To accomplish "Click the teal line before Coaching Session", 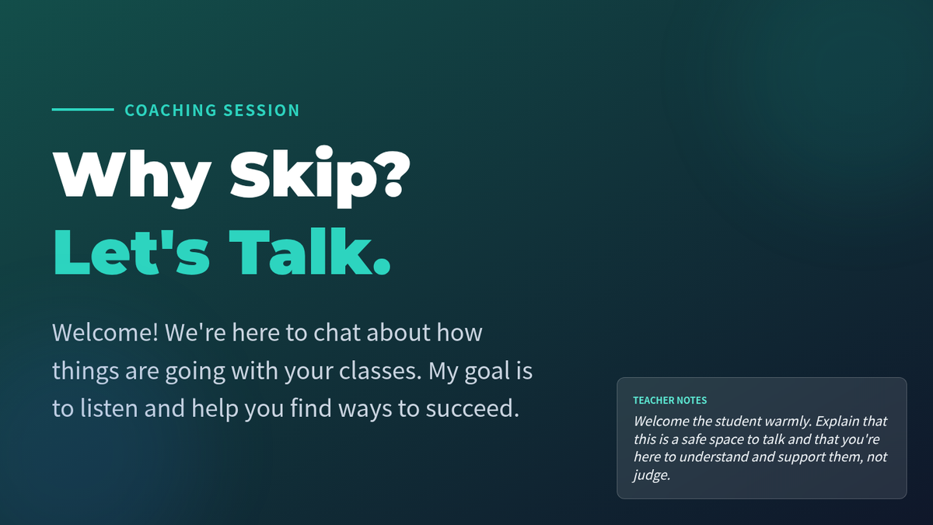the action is coord(83,110).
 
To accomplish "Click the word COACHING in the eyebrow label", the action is coord(171,110).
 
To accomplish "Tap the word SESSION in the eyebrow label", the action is coord(261,110).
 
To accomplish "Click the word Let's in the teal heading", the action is coord(131,252).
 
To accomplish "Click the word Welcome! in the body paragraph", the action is coord(106,333).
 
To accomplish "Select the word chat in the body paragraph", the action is coord(337,333).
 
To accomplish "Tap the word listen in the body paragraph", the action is coord(109,408).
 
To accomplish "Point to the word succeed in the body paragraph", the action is coord(473,408).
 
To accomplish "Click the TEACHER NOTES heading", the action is coord(669,401).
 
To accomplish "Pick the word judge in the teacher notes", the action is coord(652,475).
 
